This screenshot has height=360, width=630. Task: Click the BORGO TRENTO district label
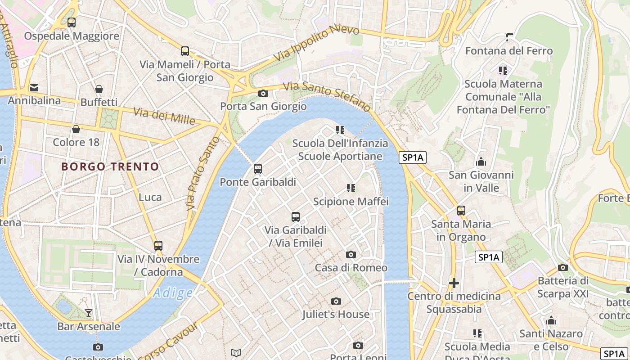[x=110, y=167]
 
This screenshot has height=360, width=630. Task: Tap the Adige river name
[x=173, y=293]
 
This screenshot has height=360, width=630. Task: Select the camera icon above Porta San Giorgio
[x=263, y=94]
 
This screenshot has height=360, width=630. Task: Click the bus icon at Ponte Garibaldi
[x=258, y=169]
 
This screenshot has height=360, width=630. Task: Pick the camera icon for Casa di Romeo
[x=351, y=255]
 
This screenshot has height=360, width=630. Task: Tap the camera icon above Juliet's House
[x=336, y=301]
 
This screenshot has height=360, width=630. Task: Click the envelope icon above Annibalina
[x=34, y=87]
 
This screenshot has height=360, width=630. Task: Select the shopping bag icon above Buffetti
[x=99, y=89]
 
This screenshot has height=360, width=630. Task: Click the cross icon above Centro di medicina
[x=454, y=283]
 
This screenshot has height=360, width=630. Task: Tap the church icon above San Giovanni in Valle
[x=481, y=162]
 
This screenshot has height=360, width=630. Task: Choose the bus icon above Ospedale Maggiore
[x=72, y=22]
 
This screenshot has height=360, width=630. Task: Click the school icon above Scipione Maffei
[x=351, y=188]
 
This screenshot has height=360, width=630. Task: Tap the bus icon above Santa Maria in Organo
[x=461, y=210]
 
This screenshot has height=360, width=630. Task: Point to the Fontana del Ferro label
[x=508, y=51]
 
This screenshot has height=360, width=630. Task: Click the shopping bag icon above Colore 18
[x=76, y=130]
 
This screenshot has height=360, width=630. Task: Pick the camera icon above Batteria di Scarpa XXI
[x=562, y=268]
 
